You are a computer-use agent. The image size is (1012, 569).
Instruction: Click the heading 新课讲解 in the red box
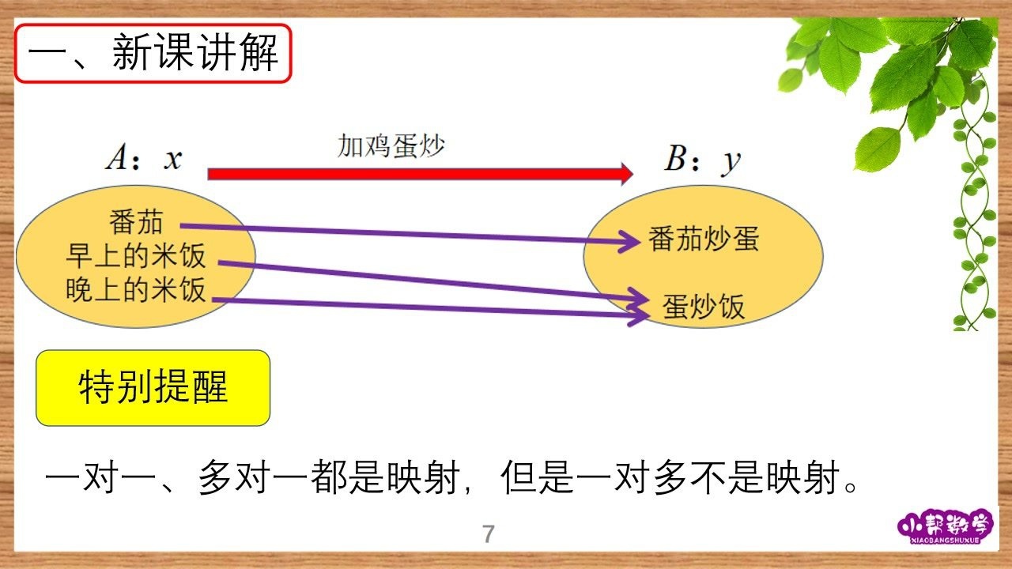195,52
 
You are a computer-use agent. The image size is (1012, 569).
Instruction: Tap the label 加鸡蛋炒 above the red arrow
391,145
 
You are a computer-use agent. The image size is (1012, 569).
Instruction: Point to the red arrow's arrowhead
627,174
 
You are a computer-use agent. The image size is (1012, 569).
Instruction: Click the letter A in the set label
117,157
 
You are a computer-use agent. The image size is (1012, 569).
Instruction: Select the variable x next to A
173,160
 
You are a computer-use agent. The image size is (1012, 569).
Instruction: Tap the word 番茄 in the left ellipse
136,222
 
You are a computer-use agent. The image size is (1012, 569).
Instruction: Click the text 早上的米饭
135,255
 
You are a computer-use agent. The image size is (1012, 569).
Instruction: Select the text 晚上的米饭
135,289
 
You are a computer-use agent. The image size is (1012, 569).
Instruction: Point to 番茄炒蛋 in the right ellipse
704,239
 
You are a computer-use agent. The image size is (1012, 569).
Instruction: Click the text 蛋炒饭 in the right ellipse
704,307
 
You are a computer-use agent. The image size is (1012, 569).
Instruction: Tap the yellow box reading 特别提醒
153,388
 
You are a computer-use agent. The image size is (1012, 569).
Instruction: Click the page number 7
489,533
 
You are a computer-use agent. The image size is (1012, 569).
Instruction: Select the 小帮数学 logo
945,526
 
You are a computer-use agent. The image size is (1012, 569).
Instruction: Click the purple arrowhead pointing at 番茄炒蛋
630,242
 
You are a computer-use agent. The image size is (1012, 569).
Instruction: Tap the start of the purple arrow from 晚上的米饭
213,300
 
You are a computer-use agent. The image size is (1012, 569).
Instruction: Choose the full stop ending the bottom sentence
851,487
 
